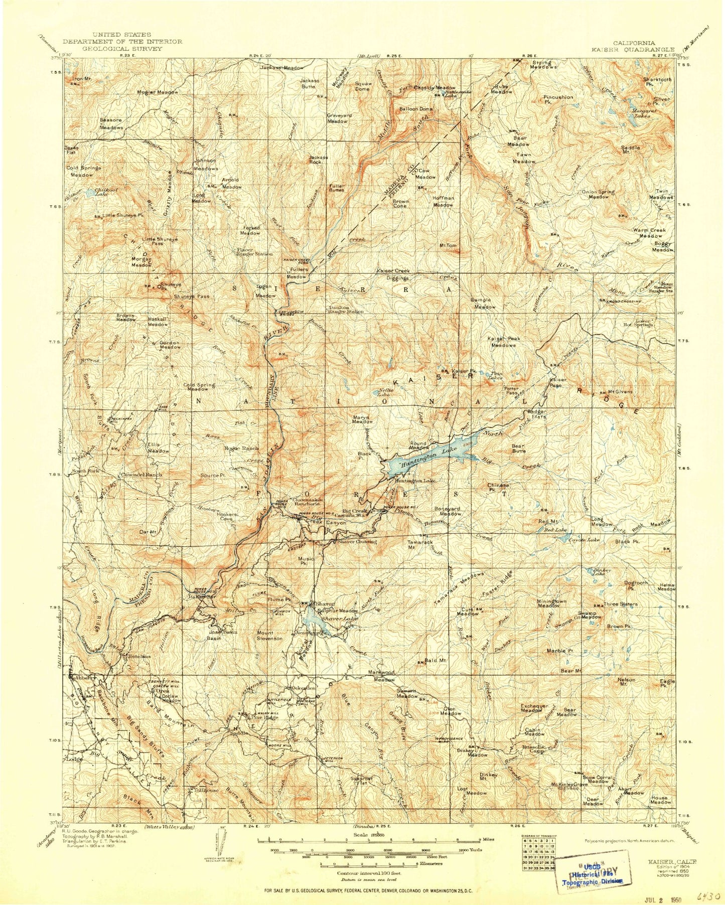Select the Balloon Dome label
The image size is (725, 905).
tap(415, 109)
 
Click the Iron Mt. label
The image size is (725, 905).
tap(82, 79)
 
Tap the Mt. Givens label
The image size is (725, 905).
tap(620, 392)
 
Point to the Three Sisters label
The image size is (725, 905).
tap(620, 604)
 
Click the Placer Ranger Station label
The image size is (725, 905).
tap(254, 252)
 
